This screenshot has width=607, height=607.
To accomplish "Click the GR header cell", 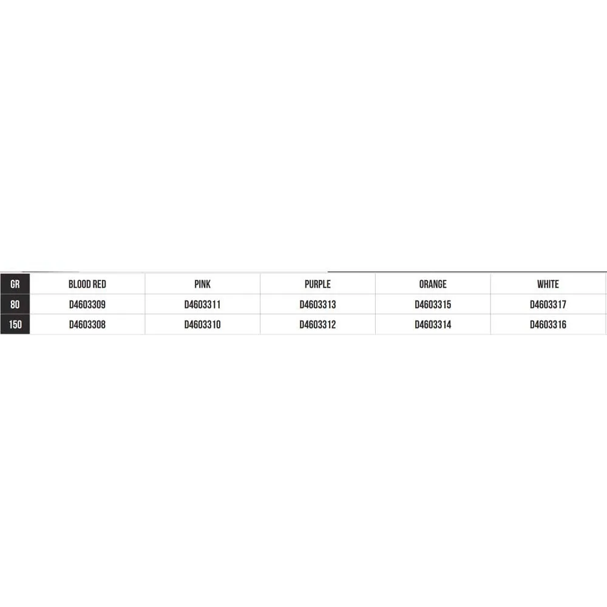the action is pyautogui.click(x=15, y=284).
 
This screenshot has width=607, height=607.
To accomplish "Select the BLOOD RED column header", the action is pyautogui.click(x=87, y=284).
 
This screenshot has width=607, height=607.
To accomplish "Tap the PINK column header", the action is pyautogui.click(x=203, y=284).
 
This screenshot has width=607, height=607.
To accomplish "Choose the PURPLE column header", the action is pyautogui.click(x=317, y=284).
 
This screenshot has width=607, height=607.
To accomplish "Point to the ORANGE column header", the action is pyautogui.click(x=433, y=284).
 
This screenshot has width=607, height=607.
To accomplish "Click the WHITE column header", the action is pyautogui.click(x=548, y=284).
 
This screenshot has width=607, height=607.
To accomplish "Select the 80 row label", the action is pyautogui.click(x=15, y=304).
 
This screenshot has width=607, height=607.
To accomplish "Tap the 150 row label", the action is pyautogui.click(x=15, y=324).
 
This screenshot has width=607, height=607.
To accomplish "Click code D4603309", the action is pyautogui.click(x=87, y=305).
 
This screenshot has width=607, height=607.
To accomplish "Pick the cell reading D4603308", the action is pyautogui.click(x=87, y=324).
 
